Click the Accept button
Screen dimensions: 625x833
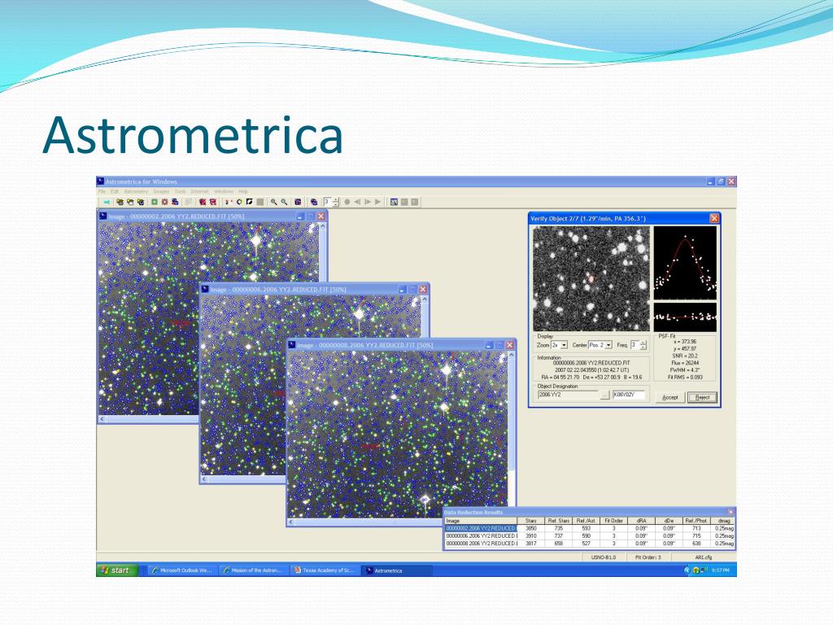point(669,397)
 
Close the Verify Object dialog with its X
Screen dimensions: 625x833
point(714,218)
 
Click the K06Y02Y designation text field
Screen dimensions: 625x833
point(629,396)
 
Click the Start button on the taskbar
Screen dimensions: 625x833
point(117,570)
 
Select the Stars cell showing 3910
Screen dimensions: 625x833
point(530,535)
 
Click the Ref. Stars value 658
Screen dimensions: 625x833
point(558,543)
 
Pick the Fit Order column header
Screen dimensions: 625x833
point(613,520)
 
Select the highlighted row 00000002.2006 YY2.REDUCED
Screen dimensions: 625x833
point(481,528)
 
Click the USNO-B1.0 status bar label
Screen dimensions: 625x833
point(604,557)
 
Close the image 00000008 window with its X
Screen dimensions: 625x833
point(510,345)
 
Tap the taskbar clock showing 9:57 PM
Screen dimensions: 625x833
point(720,570)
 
